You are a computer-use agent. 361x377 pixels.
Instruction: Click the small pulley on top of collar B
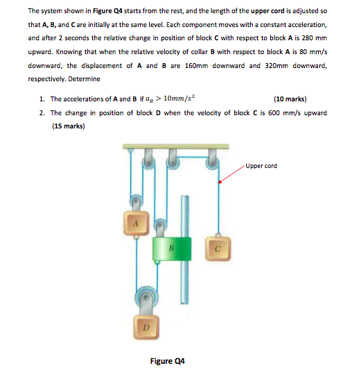[x=161, y=226]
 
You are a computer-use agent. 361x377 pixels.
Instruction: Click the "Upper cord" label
[x=261, y=166]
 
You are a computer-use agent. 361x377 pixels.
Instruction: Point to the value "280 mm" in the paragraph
[x=312, y=38]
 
